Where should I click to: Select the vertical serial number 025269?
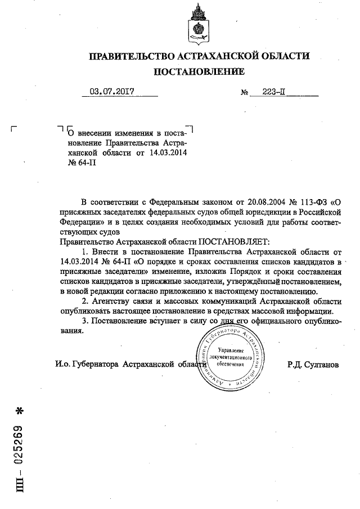(x=18, y=440)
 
